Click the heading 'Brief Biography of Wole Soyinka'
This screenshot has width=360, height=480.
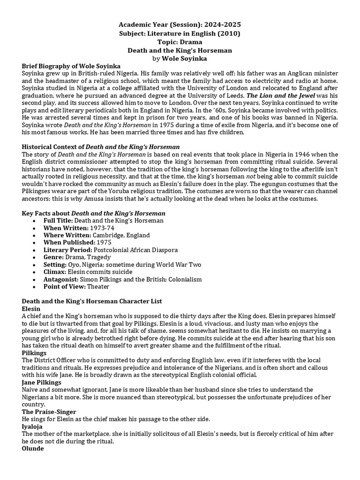click(x=71, y=66)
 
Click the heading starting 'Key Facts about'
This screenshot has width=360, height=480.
click(x=93, y=213)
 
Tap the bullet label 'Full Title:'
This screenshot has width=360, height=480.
click(x=58, y=220)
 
